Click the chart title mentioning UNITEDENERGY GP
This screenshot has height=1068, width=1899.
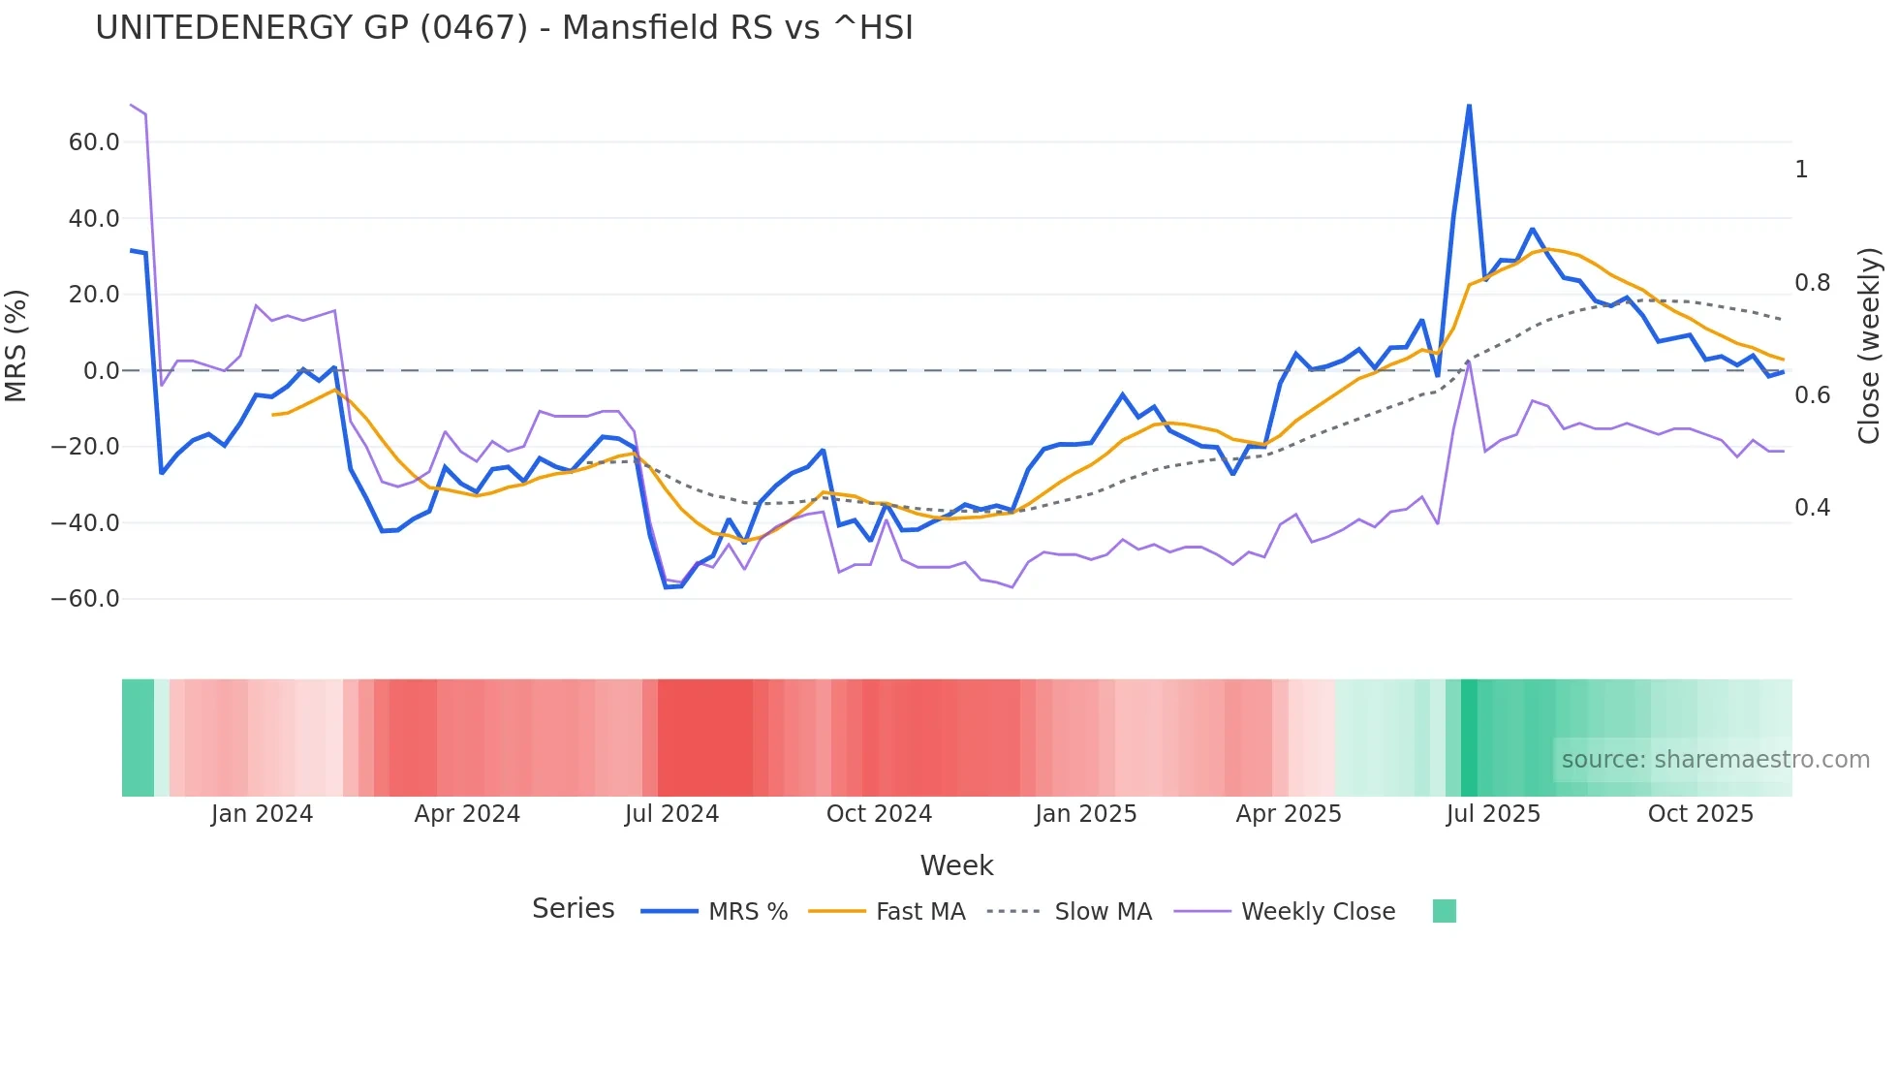coord(504,27)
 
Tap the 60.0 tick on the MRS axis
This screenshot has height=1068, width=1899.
coord(94,142)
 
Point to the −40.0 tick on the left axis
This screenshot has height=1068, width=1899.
coord(85,523)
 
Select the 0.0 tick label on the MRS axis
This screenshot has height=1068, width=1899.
coord(101,371)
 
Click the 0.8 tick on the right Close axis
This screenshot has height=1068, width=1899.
coord(1812,283)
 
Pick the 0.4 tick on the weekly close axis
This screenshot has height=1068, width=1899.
coord(1812,508)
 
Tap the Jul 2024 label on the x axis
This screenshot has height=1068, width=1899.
coord(671,814)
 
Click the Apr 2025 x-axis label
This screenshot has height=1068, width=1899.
coord(1289,814)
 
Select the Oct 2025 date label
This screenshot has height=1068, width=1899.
coord(1700,814)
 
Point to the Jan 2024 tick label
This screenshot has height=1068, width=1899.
coord(262,814)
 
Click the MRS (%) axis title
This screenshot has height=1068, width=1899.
coord(16,345)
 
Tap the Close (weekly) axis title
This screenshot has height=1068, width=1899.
coord(1869,345)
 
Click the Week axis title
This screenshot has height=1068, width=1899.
coord(956,865)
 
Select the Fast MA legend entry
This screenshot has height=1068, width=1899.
coord(919,912)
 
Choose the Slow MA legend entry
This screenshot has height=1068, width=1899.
coord(1103,912)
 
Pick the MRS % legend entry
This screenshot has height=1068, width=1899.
coord(747,912)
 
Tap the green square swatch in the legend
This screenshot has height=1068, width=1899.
coord(1444,911)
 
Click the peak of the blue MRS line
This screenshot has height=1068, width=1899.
coord(1469,106)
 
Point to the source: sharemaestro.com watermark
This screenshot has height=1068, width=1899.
coord(1715,760)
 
